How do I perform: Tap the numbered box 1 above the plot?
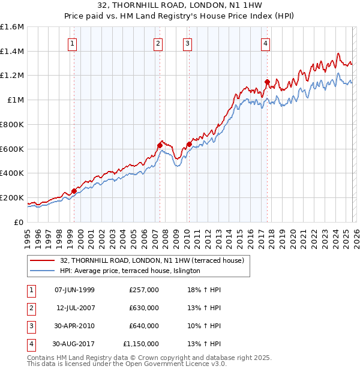73,43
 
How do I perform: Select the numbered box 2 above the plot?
158,43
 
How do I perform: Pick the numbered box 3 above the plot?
188,43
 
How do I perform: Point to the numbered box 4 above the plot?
265,43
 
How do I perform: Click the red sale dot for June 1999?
74,191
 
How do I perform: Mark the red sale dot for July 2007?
160,145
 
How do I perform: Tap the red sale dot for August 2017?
267,82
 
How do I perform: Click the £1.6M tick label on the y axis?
12,27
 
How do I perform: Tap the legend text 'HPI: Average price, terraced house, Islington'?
130,271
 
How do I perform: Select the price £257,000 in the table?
144,290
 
